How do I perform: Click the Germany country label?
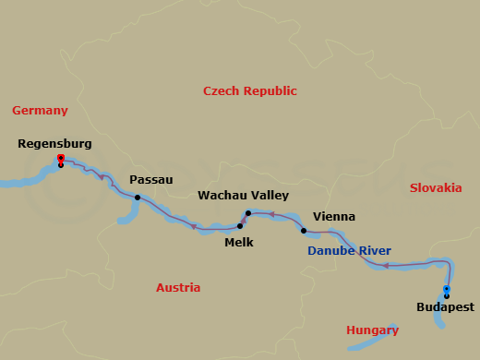(40, 111)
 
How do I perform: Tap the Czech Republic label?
(250, 90)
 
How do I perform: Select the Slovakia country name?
(435, 187)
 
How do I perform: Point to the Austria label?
(178, 287)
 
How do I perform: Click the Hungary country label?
(372, 330)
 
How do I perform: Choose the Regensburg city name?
(54, 144)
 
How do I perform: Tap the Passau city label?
(151, 180)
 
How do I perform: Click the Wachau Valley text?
(244, 196)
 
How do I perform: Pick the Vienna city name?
(333, 217)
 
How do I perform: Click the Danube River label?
(349, 250)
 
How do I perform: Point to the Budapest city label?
(446, 307)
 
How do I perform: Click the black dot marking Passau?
(138, 198)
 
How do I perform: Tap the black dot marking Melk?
(240, 225)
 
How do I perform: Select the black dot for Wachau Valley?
(247, 213)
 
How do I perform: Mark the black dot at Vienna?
(303, 230)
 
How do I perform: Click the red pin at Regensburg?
(60, 159)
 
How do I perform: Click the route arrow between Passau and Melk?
(193, 226)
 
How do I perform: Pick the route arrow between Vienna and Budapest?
(385, 266)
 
